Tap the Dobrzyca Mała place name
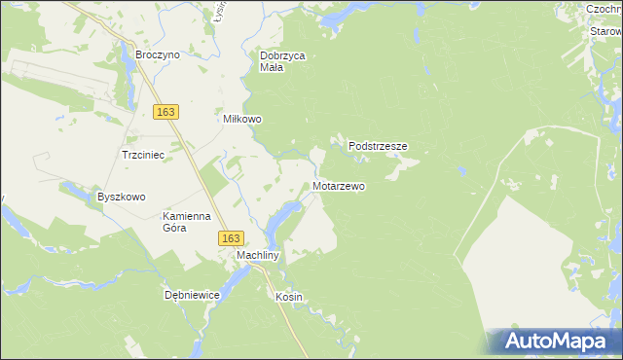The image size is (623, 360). pyautogui.click(x=283, y=62)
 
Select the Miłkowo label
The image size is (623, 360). pyautogui.click(x=243, y=120)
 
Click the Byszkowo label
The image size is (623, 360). pyautogui.click(x=121, y=197)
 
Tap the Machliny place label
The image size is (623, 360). pyautogui.click(x=259, y=256)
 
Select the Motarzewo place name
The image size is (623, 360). pyautogui.click(x=340, y=185)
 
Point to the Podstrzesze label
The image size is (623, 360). pyautogui.click(x=378, y=146)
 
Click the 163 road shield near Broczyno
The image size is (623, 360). pyautogui.click(x=165, y=112)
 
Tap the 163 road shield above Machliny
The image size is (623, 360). pyautogui.click(x=231, y=237)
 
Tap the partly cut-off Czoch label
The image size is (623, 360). pyautogui.click(x=604, y=9)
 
